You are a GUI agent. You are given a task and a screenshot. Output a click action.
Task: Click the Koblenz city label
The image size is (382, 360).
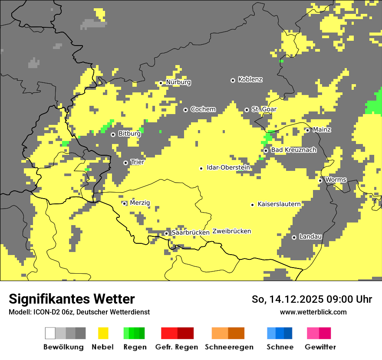click(250, 80)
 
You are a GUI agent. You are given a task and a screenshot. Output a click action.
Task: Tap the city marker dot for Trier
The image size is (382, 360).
click(126, 163)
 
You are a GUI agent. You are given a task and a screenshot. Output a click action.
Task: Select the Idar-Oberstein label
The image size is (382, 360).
click(228, 168)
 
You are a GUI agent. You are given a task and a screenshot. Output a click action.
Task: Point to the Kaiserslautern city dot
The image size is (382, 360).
click(253, 204)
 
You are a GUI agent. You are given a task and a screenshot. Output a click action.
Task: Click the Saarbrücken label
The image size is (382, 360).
click(191, 232)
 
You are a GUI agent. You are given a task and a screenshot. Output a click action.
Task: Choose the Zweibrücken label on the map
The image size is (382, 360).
click(232, 231)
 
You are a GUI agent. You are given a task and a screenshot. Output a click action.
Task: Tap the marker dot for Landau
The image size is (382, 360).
click(294, 237)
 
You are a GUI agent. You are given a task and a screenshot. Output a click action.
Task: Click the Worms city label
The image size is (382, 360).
click(336, 180)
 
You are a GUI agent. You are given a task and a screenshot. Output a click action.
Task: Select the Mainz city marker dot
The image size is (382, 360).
click(308, 130)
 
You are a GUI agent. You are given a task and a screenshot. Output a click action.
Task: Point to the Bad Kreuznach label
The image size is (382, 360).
click(293, 150)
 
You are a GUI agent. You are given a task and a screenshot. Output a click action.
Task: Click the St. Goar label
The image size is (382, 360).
click(264, 109)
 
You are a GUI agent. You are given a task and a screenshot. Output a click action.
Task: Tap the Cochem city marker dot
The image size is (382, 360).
click(186, 110)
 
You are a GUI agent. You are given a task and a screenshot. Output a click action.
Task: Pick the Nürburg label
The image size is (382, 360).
click(178, 82)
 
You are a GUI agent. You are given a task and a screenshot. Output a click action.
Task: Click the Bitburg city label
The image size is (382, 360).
click(129, 134)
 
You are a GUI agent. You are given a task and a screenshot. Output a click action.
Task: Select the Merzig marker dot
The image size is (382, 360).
click(125, 203)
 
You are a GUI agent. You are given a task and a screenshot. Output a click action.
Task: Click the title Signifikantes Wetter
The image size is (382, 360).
click(72, 299)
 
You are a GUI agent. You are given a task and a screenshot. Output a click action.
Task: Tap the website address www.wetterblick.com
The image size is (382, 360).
click(313, 312)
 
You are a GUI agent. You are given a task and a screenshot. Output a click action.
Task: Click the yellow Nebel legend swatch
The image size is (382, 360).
click(103, 333)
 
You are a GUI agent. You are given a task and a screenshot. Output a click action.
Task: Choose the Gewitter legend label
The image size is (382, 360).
click(320, 347)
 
